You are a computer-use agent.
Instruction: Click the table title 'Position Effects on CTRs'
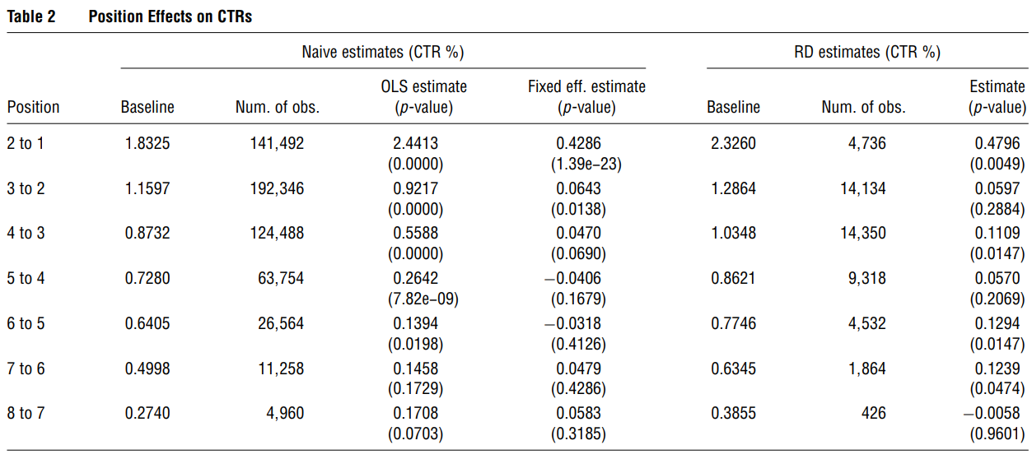tap(170, 16)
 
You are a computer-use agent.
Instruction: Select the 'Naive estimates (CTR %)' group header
tap(383, 53)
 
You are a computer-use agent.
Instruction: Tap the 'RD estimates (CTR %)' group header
tap(866, 53)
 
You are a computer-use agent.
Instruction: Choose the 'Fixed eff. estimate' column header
tap(586, 86)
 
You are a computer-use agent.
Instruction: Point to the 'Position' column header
tap(33, 107)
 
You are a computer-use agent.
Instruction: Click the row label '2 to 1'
tap(26, 143)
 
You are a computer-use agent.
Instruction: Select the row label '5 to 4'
tap(26, 279)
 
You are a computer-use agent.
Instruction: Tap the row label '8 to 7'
tap(26, 414)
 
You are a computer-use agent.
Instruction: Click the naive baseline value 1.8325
tap(147, 143)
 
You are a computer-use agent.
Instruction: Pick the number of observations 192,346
tap(277, 188)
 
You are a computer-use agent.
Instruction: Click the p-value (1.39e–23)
tap(586, 164)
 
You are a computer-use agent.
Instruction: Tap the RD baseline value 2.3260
tap(733, 143)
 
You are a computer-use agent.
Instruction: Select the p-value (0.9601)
tap(998, 434)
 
